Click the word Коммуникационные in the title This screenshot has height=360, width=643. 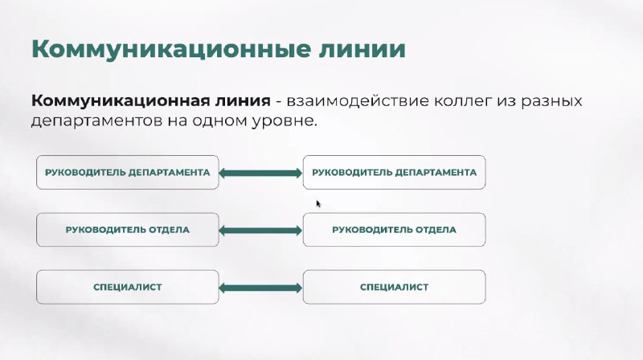(170, 50)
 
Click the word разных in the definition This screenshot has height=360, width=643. (551, 102)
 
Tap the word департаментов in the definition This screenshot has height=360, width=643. (96, 121)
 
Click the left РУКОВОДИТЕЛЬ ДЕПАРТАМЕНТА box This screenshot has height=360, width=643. (128, 172)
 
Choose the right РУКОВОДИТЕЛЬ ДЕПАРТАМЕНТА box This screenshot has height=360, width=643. (394, 172)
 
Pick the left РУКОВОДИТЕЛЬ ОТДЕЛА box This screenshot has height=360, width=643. (128, 230)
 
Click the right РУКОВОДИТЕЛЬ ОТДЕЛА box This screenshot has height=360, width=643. (394, 230)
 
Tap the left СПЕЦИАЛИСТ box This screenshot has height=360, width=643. (128, 287)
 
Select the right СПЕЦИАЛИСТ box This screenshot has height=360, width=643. (394, 287)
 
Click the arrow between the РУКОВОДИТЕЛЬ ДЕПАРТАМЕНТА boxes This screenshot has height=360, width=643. (260, 173)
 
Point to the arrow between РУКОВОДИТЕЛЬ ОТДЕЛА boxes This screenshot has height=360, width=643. (260, 231)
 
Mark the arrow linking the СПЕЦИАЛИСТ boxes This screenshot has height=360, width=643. (260, 288)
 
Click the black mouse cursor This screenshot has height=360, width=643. (318, 204)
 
